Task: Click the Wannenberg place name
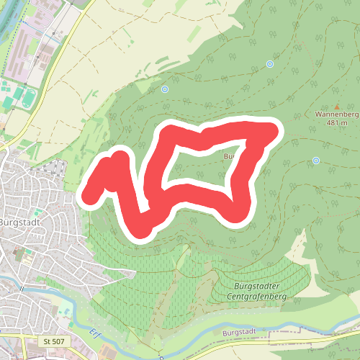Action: [x=337, y=114]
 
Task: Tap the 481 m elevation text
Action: [x=337, y=122]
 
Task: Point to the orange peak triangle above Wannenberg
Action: [x=337, y=105]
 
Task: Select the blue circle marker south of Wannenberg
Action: [x=316, y=161]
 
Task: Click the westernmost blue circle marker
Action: [x=165, y=89]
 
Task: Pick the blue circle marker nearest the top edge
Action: [x=270, y=64]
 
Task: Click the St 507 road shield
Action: [x=53, y=340]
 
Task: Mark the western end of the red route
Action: [x=90, y=194]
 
